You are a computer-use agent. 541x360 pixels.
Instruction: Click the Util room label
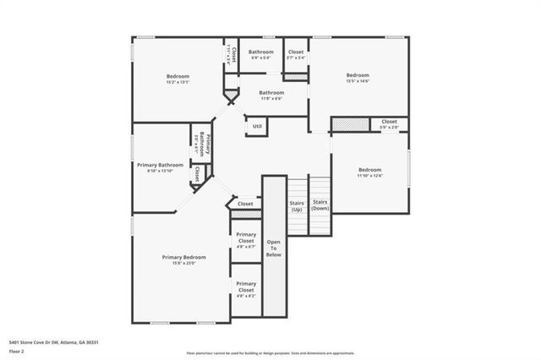pos(257,126)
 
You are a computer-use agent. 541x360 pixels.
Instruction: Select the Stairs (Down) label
pos(320,205)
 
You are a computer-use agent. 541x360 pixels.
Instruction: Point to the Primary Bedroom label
pos(183,257)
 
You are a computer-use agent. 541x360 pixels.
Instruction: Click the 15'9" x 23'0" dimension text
pos(183,264)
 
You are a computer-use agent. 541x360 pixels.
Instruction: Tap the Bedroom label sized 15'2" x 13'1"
pos(178,76)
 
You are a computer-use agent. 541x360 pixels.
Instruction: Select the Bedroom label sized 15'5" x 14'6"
pos(357,75)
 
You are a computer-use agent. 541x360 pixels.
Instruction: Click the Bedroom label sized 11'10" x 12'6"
pos(369,170)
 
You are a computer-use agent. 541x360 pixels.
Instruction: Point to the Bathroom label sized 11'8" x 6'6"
pos(271,93)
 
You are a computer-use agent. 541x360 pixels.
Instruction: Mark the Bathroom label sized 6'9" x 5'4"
pos(261,52)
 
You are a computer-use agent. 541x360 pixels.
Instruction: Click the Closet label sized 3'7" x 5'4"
pos(296,52)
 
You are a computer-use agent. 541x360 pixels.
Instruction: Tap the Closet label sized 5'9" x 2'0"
pos(389,122)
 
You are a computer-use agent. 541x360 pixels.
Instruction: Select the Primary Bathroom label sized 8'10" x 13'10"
pos(160,166)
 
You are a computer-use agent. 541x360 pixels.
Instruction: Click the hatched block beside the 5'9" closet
pos(349,124)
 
